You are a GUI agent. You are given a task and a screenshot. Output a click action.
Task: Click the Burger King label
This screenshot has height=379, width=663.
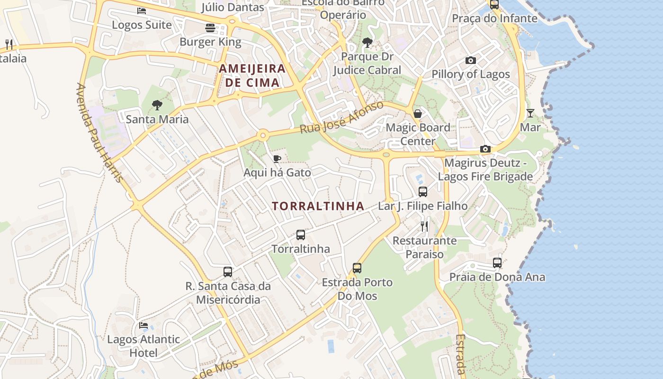[210, 42]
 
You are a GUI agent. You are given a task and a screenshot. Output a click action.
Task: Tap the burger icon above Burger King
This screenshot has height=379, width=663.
[210, 28]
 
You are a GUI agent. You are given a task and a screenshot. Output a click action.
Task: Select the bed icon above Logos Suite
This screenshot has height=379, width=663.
[142, 11]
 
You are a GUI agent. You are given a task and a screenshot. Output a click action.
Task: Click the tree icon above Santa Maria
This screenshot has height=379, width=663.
[157, 105]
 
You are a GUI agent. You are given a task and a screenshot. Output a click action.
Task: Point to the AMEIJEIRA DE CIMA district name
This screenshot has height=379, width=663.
[252, 76]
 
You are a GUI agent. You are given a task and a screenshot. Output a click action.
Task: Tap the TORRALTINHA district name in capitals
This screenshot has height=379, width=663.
[318, 206]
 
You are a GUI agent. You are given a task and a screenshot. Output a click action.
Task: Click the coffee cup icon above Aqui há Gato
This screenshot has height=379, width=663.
[277, 159]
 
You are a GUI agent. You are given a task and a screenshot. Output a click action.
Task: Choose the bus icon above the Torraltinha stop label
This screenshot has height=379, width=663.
[301, 235]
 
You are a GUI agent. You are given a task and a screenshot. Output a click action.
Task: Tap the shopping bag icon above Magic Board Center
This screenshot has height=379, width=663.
[418, 114]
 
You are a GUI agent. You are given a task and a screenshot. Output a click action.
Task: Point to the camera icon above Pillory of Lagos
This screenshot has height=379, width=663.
[470, 60]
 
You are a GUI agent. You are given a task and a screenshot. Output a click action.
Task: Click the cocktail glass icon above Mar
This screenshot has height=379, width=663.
[530, 113]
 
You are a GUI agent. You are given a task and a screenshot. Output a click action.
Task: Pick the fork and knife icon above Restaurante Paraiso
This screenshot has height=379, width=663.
[424, 226]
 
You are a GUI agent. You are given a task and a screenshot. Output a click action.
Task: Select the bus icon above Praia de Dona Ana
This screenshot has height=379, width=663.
[497, 263]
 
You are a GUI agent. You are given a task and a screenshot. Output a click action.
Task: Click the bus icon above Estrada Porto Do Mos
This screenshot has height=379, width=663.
[357, 268]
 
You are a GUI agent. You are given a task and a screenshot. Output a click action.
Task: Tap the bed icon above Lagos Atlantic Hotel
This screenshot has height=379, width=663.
[143, 325]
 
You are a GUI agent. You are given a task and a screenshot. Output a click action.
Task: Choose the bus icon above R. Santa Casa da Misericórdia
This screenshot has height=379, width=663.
[228, 272]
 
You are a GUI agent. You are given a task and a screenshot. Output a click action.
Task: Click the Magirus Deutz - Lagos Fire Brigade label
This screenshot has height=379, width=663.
[485, 170]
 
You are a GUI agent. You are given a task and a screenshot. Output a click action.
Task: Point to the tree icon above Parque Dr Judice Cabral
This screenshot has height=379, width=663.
[367, 43]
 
